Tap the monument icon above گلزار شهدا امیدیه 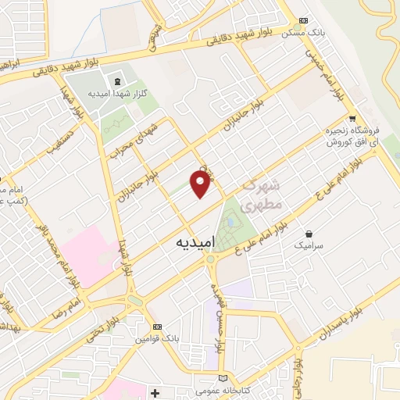(x=117, y=81)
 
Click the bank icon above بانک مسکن (x=304, y=21)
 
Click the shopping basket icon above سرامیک (x=310, y=234)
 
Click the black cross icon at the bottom (x=155, y=391)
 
